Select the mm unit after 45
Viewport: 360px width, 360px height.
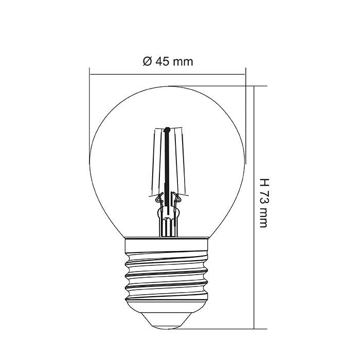(183, 62)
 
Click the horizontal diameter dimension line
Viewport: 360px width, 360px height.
(206, 74)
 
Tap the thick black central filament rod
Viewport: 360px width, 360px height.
(167, 165)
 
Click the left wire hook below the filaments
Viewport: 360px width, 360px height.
(158, 196)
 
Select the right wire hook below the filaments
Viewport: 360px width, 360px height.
(177, 196)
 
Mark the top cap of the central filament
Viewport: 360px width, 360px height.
(167, 129)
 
